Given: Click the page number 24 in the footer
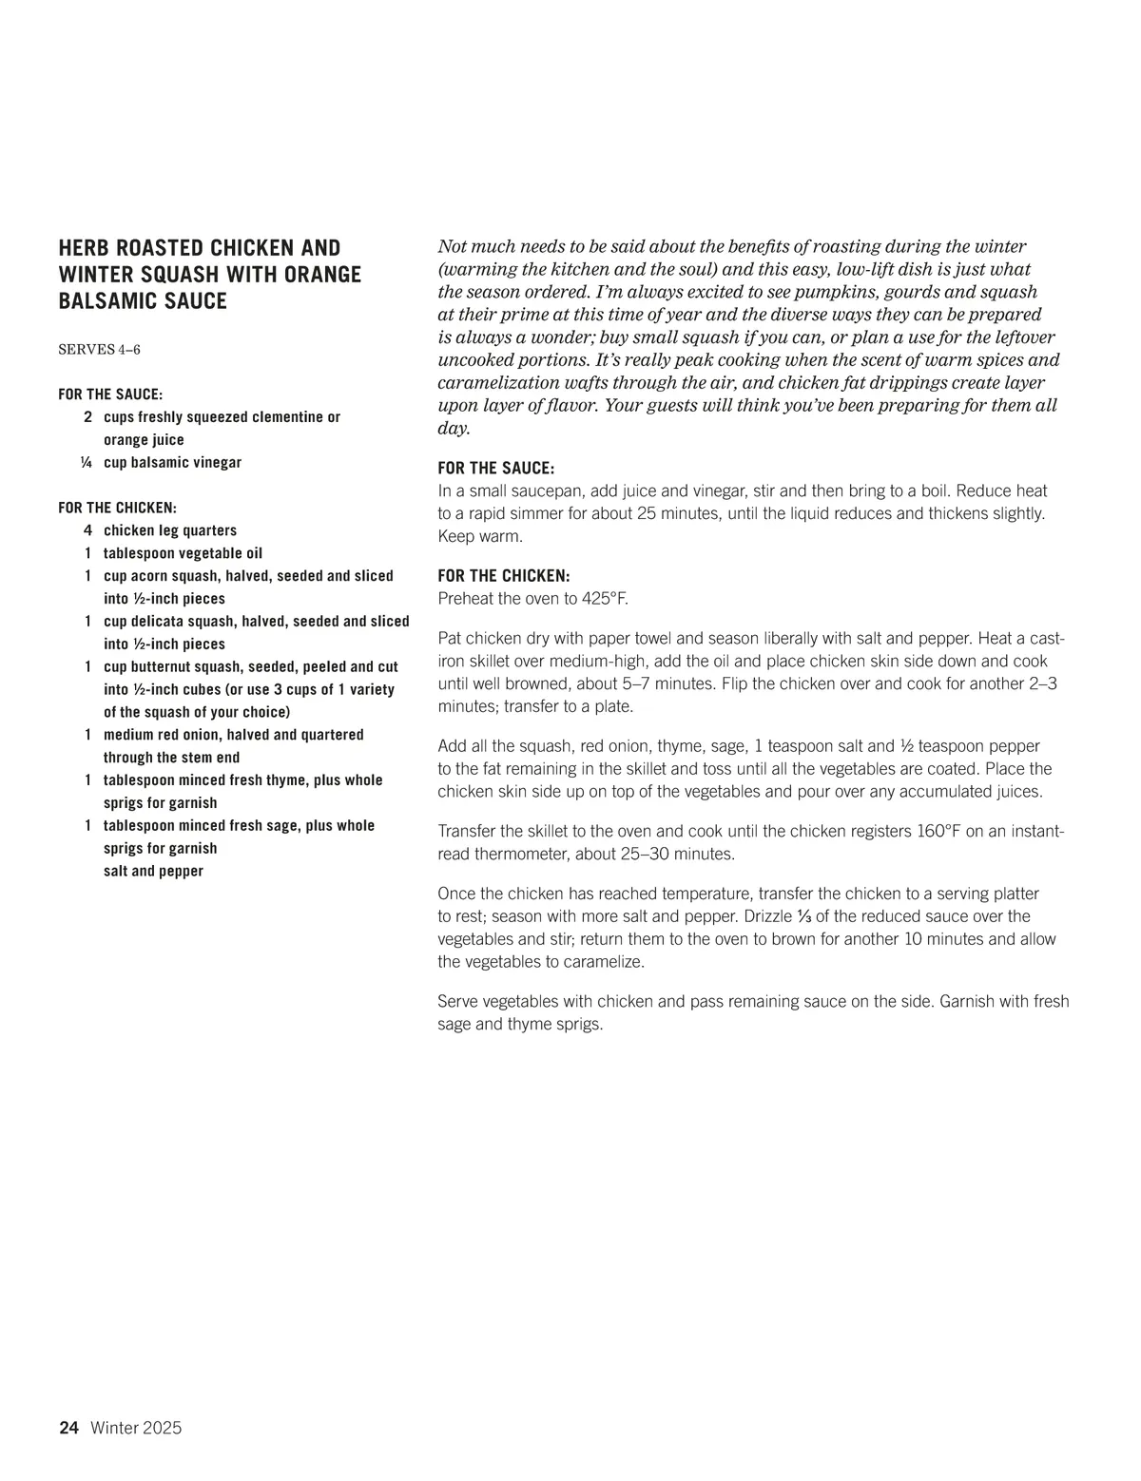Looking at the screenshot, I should pyautogui.click(x=68, y=1428).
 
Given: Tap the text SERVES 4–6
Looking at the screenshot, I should pyautogui.click(x=99, y=349).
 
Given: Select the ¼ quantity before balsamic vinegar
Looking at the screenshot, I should pyautogui.click(x=87, y=463).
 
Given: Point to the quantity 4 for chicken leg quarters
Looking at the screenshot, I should pyautogui.click(x=87, y=530).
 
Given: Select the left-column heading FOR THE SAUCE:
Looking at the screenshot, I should pyautogui.click(x=110, y=394).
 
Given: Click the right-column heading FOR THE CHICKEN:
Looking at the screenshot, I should pyautogui.click(x=504, y=576).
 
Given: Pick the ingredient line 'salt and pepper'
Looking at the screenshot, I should pyautogui.click(x=153, y=871).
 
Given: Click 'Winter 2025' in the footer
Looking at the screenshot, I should pyautogui.click(x=136, y=1428).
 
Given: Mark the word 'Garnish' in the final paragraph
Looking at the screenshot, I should pyautogui.click(x=969, y=1002).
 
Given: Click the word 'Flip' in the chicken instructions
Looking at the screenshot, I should pyautogui.click(x=735, y=684).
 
